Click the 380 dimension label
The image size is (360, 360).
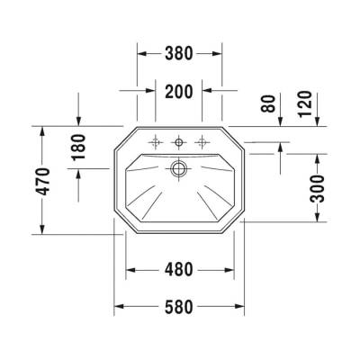[x=179, y=53]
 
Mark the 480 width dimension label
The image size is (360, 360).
[x=180, y=269]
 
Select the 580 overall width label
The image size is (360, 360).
[x=180, y=306]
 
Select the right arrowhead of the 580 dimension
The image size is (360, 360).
[x=241, y=306]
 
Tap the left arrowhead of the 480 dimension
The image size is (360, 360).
[x=128, y=269]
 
